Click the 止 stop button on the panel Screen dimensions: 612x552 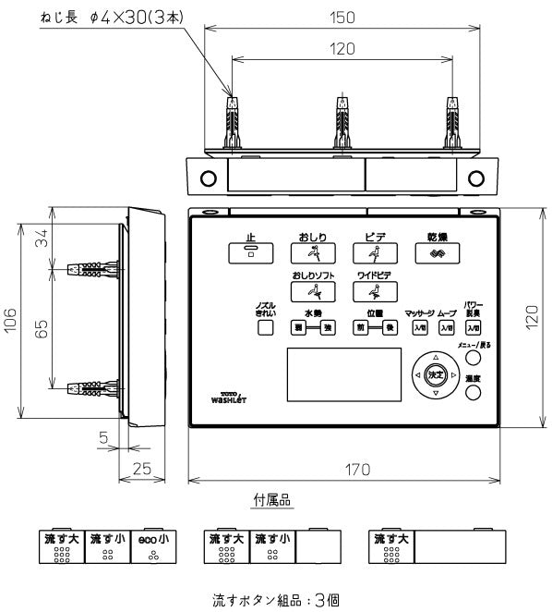248,252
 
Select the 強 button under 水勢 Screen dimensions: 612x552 326,328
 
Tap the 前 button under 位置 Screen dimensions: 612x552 362,328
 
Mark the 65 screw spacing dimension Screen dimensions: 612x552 42,330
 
